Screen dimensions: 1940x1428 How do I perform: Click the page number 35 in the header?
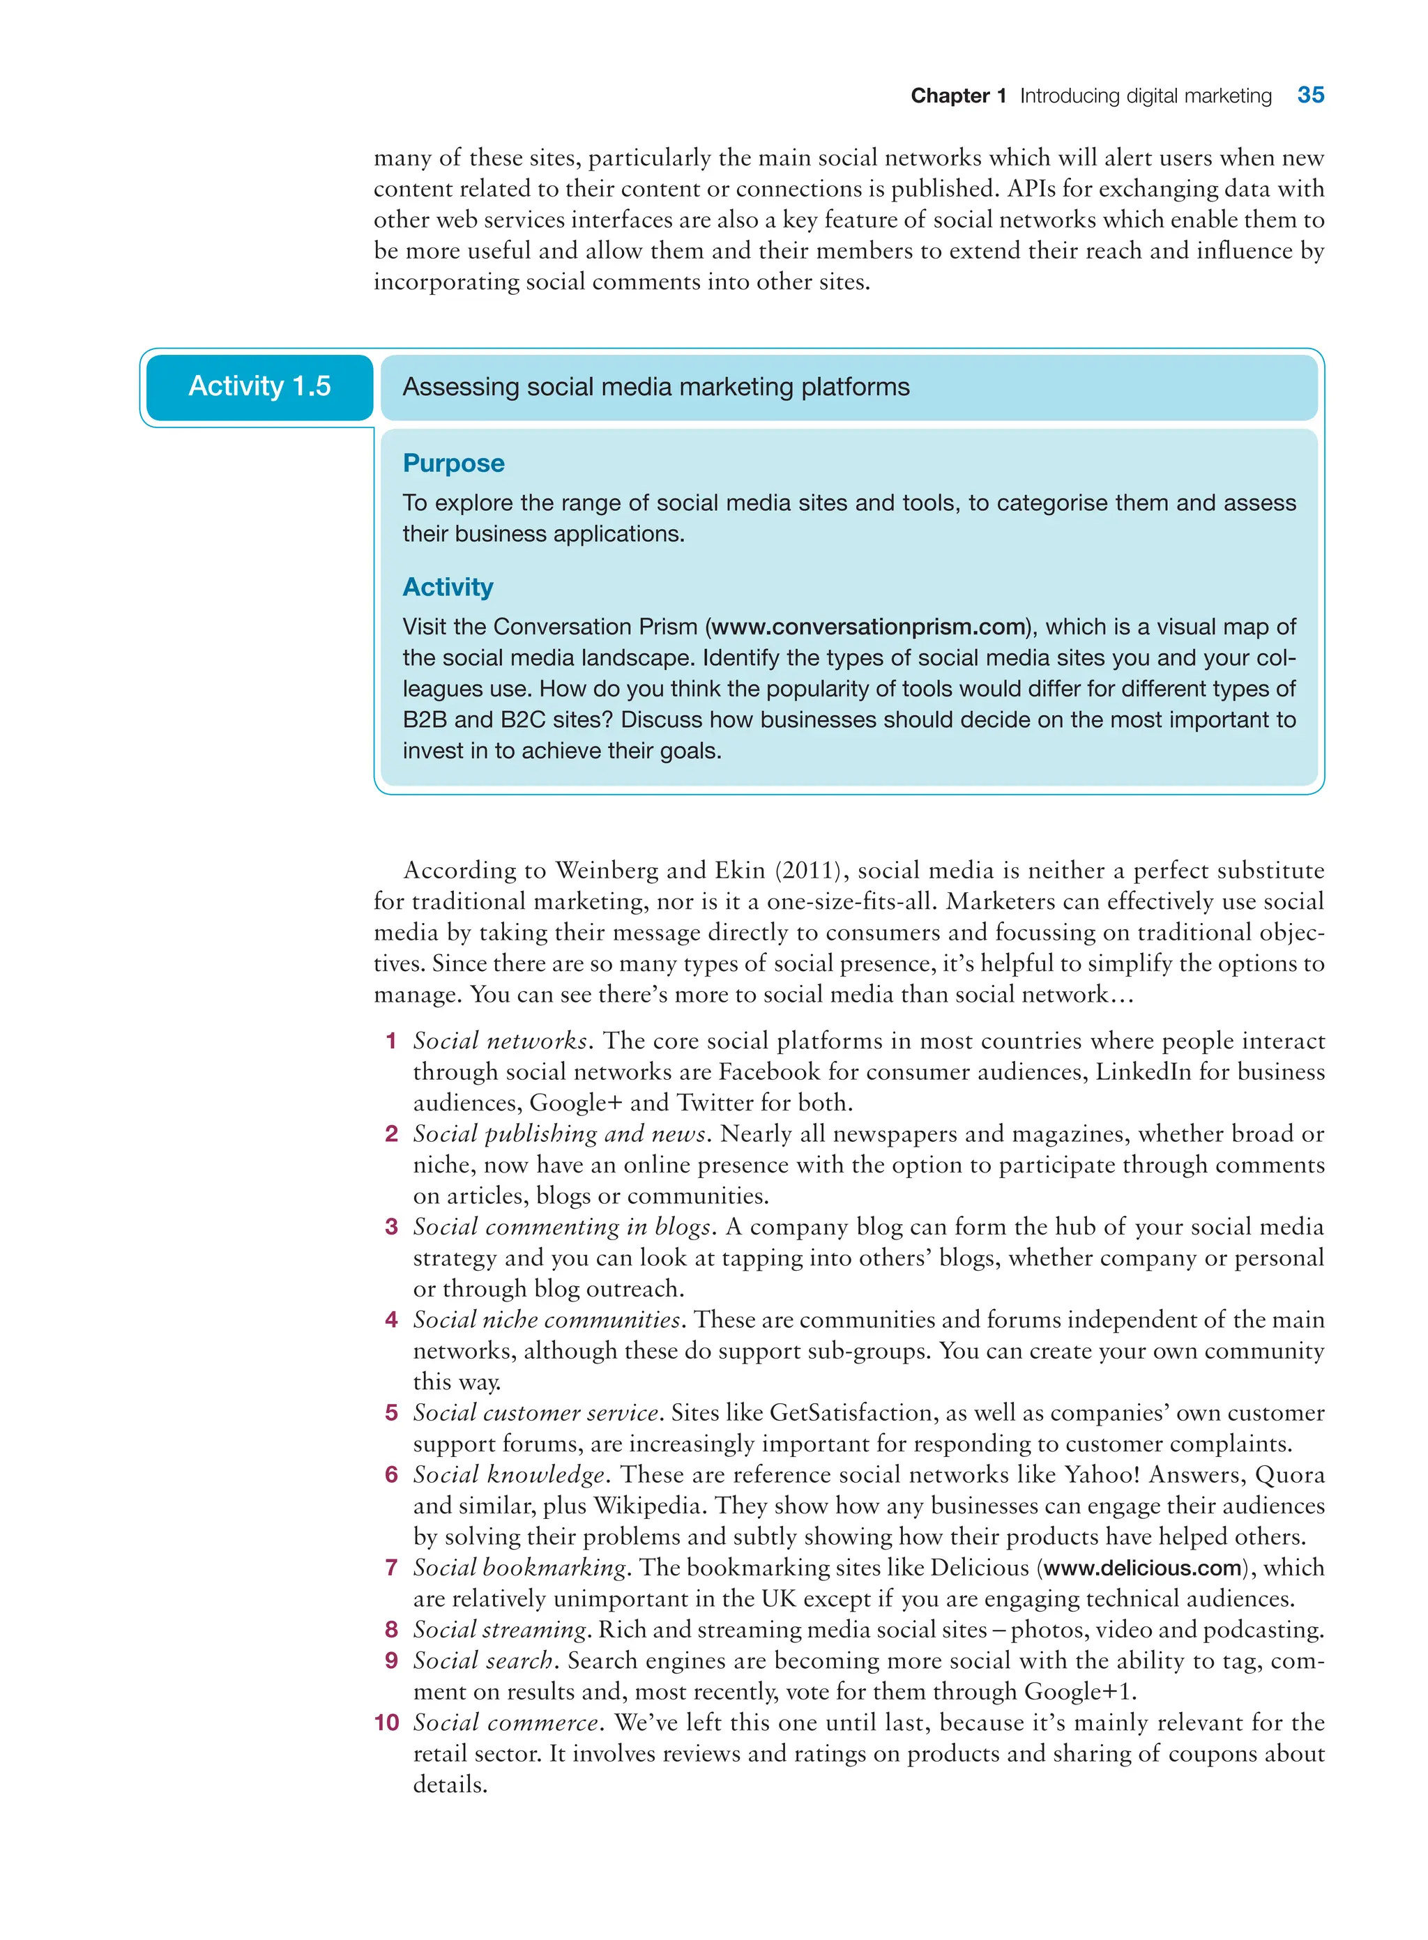1309,95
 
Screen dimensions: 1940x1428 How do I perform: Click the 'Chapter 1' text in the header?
958,96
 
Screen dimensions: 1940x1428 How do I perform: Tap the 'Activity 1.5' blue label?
259,386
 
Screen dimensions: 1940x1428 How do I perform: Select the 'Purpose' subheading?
453,463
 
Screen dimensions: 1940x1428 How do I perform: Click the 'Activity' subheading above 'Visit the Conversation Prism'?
447,587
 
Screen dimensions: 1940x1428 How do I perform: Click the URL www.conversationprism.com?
868,627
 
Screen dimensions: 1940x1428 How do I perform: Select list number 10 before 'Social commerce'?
386,1723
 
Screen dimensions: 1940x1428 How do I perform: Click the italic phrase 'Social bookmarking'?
519,1568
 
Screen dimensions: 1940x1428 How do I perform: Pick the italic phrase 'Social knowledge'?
509,1474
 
